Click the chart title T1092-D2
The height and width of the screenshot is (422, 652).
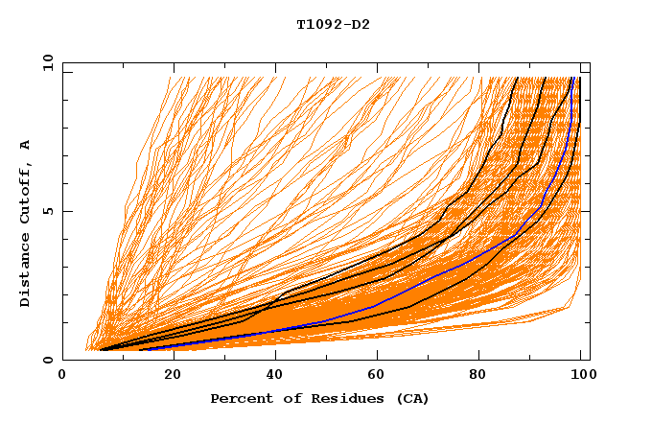pyautogui.click(x=333, y=24)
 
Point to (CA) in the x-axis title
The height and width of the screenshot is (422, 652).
pyautogui.click(x=410, y=398)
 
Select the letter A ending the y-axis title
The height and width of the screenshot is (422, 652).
pyautogui.click(x=26, y=144)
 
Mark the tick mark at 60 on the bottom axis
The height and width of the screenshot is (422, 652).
pyautogui.click(x=375, y=357)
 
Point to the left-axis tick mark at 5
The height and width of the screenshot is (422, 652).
pyautogui.click(x=66, y=211)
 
